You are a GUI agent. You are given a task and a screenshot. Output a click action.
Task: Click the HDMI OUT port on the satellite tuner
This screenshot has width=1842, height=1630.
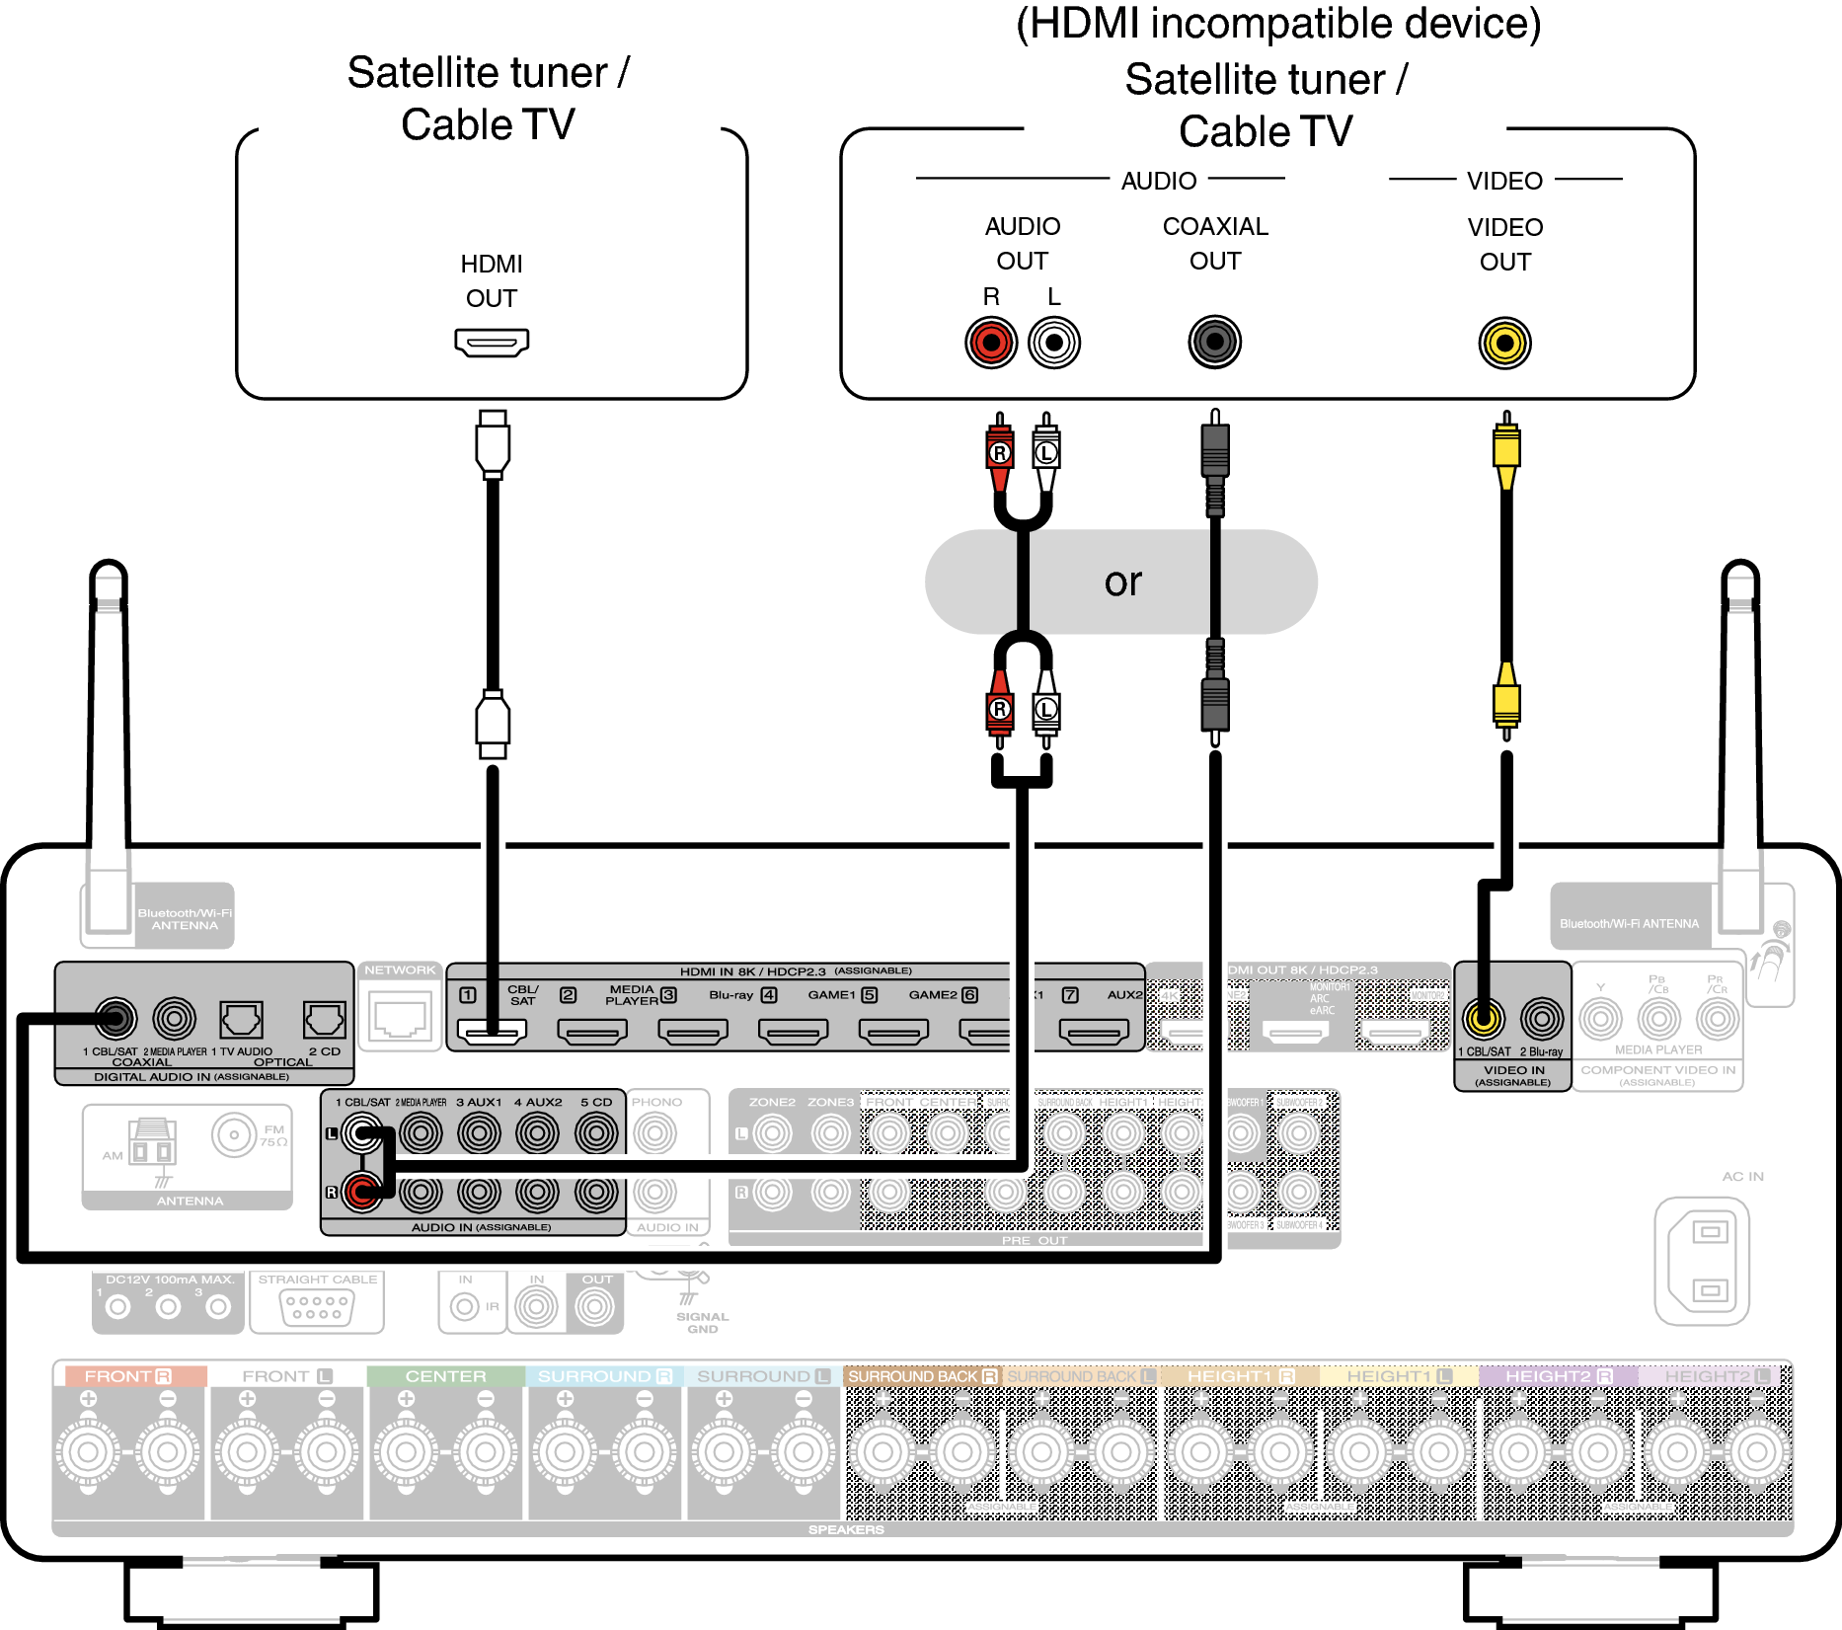[x=492, y=343]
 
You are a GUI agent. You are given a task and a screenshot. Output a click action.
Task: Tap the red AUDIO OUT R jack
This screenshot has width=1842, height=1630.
[x=991, y=344]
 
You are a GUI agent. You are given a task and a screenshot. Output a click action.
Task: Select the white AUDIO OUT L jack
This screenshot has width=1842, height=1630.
[x=1054, y=344]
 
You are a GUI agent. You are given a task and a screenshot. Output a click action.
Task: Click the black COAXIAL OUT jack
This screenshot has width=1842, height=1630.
[x=1214, y=343]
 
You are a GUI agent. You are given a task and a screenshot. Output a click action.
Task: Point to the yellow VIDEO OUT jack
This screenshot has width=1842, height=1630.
[x=1504, y=344]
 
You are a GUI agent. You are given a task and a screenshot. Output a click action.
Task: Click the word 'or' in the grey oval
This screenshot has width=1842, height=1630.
[x=1123, y=582]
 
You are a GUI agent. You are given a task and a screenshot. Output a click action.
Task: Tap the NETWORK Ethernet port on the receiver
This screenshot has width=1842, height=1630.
[x=400, y=1016]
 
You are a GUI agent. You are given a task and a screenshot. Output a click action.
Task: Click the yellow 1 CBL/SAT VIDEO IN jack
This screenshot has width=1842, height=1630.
[x=1483, y=1017]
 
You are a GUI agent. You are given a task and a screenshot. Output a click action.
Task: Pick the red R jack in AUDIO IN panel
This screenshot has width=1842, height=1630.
[x=361, y=1193]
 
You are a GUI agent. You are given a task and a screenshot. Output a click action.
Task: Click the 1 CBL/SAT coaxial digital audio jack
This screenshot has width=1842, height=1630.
[x=115, y=1017]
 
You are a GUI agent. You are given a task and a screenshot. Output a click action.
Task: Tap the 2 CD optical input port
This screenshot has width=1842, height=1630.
[x=324, y=1018]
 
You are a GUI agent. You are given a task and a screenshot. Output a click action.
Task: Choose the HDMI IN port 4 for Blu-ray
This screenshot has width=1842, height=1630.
[x=793, y=1032]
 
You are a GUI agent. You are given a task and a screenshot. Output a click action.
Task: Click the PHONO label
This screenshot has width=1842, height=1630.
[x=656, y=1102]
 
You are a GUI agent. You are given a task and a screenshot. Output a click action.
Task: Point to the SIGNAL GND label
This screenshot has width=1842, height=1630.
[x=702, y=1322]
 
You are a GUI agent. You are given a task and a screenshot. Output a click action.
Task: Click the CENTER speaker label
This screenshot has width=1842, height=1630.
[x=445, y=1376]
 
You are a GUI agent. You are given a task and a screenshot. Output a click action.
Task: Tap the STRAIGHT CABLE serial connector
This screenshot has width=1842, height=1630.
[x=317, y=1307]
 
